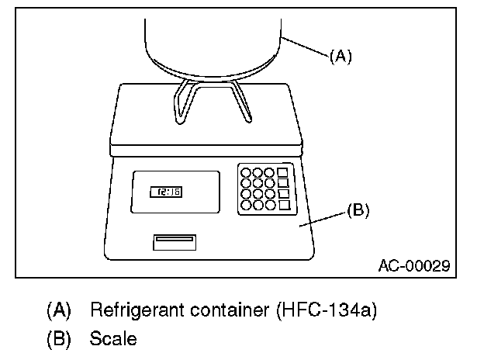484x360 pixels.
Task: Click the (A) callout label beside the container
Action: (x=341, y=57)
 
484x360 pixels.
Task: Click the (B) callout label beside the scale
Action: (x=358, y=209)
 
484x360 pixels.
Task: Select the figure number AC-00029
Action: (x=413, y=266)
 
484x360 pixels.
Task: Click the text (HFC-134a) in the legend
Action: (x=326, y=311)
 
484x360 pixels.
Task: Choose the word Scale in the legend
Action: (x=113, y=338)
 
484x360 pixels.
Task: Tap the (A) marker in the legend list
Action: (x=59, y=311)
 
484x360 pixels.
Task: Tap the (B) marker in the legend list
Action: (x=59, y=338)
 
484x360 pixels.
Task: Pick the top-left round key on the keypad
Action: (x=245, y=171)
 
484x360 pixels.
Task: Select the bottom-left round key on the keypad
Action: (x=245, y=206)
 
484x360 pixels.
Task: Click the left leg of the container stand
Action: (x=181, y=101)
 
